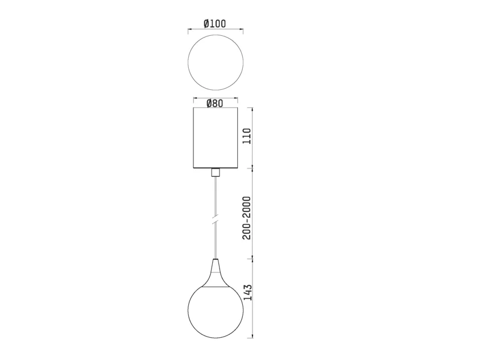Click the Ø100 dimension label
click(x=215, y=23)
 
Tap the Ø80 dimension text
click(x=215, y=104)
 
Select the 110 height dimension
click(x=247, y=136)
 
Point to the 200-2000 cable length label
click(x=247, y=218)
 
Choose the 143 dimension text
click(x=247, y=292)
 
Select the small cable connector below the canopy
click(x=216, y=172)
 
